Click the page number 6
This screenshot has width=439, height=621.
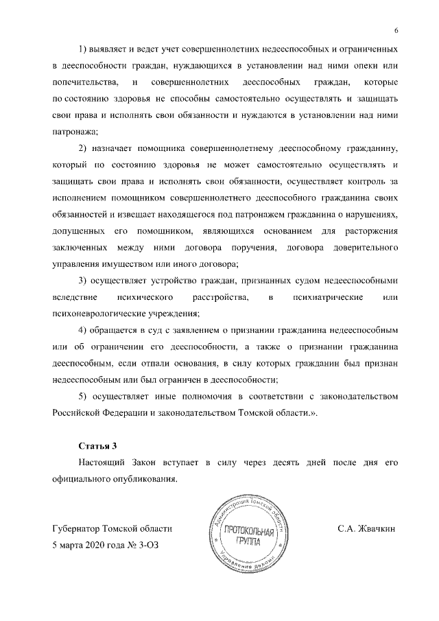click(396, 29)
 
